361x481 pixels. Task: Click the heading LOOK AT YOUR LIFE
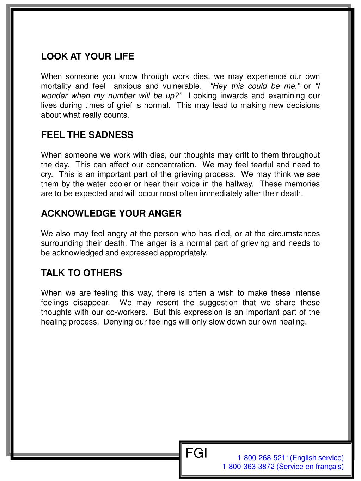point(87,56)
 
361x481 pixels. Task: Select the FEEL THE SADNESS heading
point(87,135)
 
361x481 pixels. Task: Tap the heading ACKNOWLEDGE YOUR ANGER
point(111,214)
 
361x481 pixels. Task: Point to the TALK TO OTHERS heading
point(81,273)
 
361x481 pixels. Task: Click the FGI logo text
point(196,453)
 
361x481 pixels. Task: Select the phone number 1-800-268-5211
point(263,458)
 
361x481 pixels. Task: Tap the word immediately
point(232,194)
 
